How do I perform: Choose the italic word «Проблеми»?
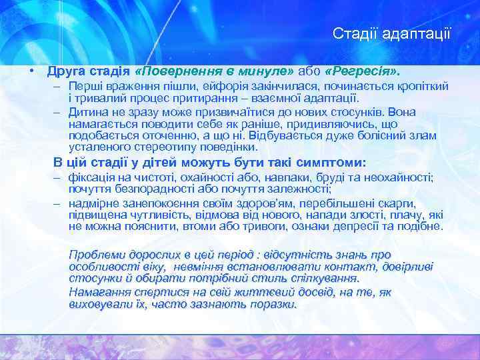coord(97,255)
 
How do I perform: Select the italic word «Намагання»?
coord(100,292)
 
